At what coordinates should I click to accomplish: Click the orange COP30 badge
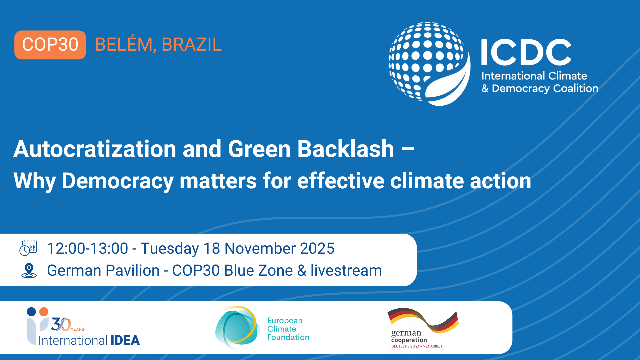50,45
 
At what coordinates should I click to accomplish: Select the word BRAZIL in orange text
192,45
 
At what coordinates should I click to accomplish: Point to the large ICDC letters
526,52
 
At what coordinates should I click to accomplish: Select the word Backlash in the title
346,149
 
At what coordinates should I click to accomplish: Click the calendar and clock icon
28,248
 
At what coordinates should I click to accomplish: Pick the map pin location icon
29,271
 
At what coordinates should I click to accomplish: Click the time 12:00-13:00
88,248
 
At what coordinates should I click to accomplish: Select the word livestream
346,270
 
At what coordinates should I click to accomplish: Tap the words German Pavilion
103,270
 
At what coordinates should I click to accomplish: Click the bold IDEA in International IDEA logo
125,340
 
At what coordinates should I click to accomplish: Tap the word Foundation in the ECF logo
288,337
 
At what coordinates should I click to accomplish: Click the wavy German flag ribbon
423,320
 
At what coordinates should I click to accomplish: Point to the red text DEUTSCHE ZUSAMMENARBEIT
417,346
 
